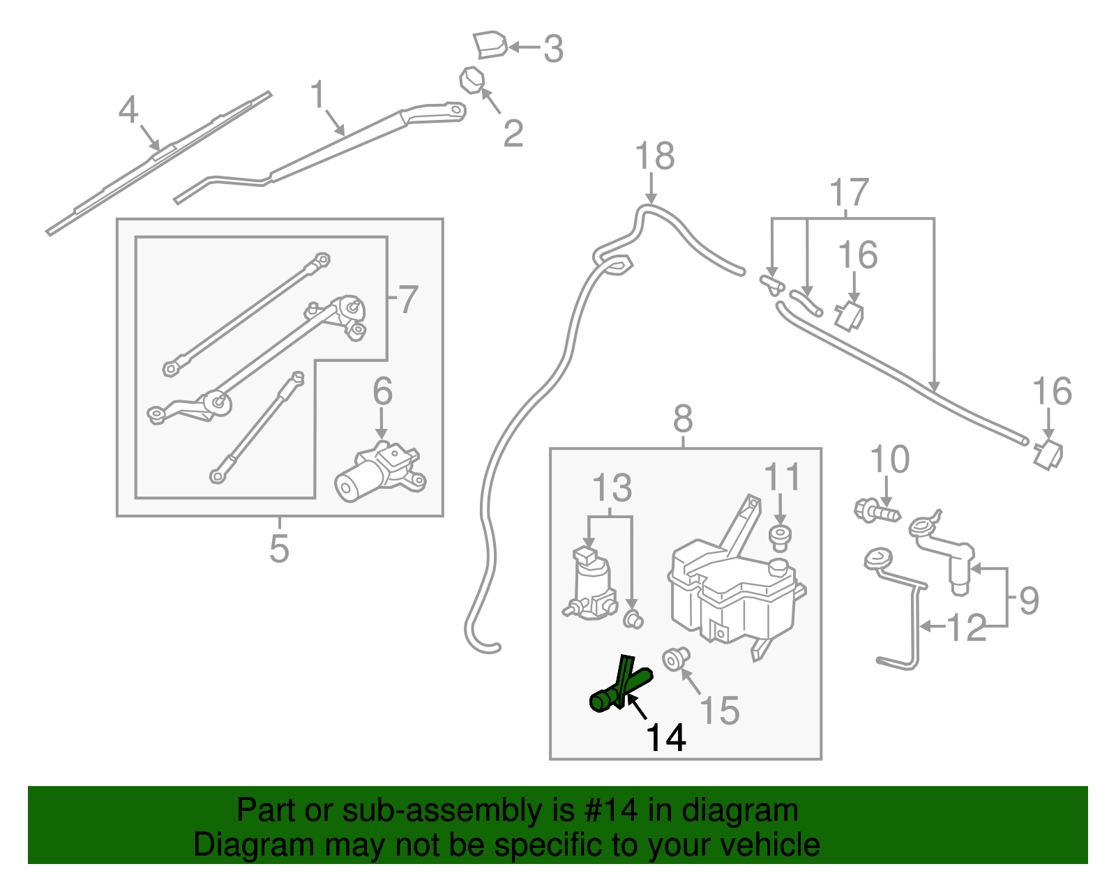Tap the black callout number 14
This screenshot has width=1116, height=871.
click(666, 737)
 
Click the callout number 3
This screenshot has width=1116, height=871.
click(553, 49)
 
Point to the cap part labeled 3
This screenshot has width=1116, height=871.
click(490, 44)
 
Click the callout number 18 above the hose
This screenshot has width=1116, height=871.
click(654, 156)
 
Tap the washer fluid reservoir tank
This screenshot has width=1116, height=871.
click(732, 586)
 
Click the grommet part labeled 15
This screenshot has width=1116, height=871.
click(675, 658)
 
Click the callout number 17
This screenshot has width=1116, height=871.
click(849, 192)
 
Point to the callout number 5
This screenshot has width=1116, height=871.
click(279, 549)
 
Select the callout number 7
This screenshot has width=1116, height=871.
click(407, 299)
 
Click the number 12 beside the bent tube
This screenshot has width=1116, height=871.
click(967, 628)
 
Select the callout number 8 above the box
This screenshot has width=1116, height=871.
click(683, 420)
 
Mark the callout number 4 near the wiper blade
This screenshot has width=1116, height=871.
click(128, 110)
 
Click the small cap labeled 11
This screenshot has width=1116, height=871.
click(780, 537)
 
